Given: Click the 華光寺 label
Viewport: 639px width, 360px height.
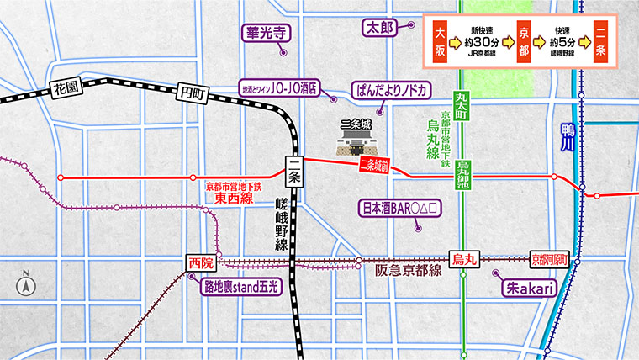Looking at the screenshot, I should pos(267,34).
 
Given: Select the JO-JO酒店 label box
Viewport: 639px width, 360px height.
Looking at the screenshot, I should pos(281,87).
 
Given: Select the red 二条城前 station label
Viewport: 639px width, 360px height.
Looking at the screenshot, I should pos(374,166).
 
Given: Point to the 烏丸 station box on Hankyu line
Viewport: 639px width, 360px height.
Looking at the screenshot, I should pos(464,260).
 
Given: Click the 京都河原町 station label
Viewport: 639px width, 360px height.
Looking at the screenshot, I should pos(550,260).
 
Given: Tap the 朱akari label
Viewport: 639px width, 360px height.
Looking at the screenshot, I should pos(528,288).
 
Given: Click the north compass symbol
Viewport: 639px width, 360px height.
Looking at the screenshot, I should pos(26,283).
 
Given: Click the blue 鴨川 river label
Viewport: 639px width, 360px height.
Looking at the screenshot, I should pos(566,137).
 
